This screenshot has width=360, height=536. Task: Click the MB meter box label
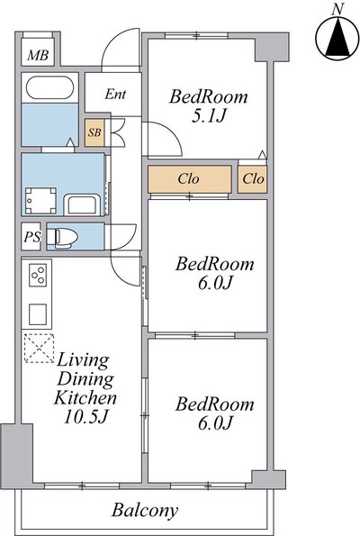38,55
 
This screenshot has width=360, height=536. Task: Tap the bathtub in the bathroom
49,87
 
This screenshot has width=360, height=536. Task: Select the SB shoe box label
94,132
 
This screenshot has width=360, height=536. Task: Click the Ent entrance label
115,94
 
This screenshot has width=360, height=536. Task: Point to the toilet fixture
62,237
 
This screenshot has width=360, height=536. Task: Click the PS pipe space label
32,237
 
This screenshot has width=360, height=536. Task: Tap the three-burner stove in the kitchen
38,275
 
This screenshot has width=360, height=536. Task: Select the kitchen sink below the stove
38,314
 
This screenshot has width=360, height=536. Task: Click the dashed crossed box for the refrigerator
40,348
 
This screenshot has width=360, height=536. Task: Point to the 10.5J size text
86,416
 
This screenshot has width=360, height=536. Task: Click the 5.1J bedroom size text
209,116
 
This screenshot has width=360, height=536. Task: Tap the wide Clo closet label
188,178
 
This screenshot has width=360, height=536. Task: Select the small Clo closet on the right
253,178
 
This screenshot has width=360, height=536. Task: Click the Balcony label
145,511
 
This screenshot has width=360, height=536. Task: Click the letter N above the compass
337,10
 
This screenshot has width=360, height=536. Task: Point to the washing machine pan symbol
40,201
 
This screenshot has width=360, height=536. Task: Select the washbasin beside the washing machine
82,205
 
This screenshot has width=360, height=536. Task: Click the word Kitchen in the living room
85,397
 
